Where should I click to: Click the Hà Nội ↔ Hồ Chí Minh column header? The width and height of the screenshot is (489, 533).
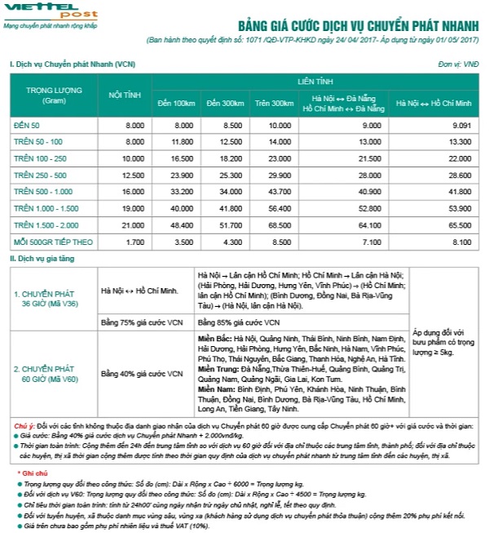point(434,103)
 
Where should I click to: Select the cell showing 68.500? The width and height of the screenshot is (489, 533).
point(279,225)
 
